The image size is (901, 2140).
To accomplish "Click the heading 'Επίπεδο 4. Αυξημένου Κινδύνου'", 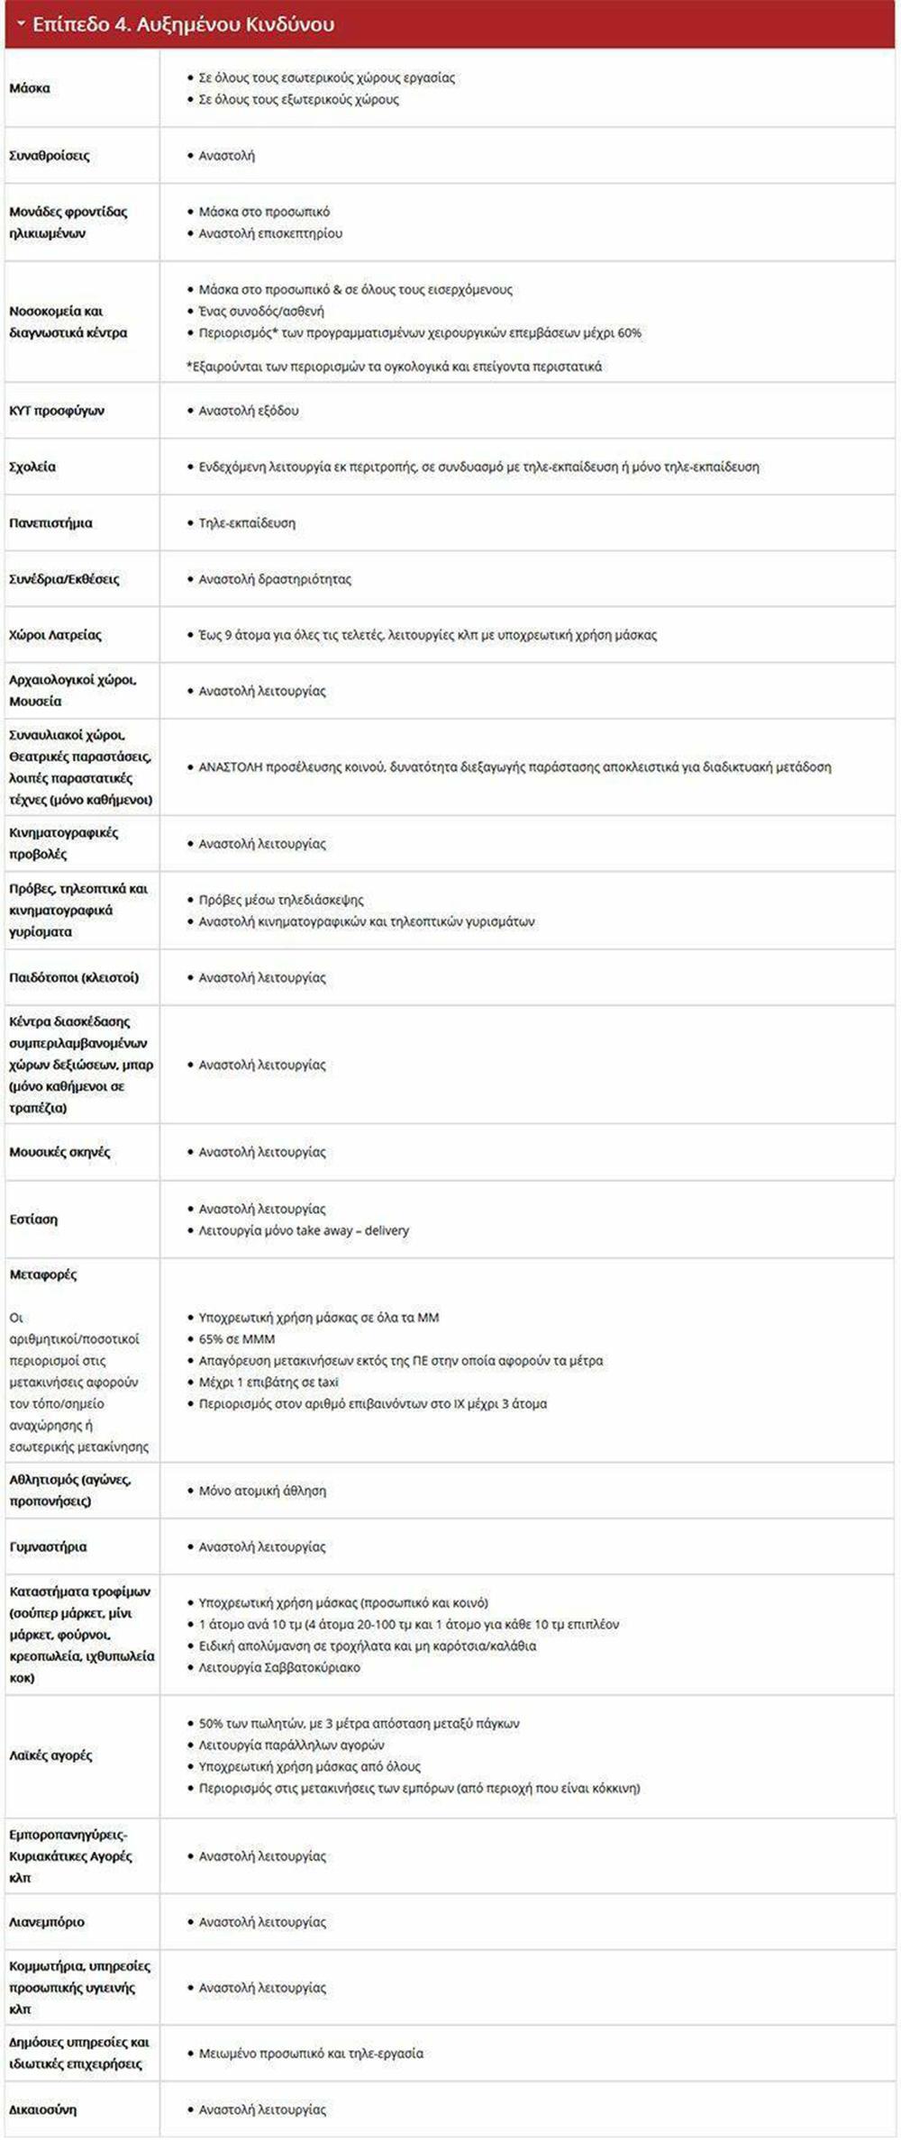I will click(183, 24).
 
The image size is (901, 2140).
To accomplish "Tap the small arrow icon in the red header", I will click(21, 24).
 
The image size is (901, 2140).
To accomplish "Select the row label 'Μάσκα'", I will click(30, 88).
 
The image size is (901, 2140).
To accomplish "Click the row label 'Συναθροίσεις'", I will click(50, 156).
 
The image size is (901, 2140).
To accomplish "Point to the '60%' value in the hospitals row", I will click(630, 332).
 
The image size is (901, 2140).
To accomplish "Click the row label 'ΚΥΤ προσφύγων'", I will click(57, 411).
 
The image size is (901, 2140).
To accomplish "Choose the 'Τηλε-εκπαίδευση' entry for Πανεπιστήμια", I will click(247, 523).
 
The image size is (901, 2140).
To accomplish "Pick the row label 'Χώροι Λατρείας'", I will click(55, 635).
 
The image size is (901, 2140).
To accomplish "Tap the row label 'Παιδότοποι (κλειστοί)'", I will click(74, 977).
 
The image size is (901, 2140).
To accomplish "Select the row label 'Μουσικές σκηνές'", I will click(59, 1152).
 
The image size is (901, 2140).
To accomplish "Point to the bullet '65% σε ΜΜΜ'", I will click(237, 1339).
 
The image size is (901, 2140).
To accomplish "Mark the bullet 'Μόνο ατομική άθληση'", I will click(262, 1491).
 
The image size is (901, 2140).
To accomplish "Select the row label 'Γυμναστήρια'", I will click(48, 1546).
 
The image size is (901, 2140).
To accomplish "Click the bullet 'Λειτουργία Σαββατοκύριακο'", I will click(279, 1667).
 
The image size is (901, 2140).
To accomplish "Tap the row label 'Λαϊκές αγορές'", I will click(50, 1755).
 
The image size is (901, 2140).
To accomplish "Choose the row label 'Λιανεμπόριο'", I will click(47, 1922).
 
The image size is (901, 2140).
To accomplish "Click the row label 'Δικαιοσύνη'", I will click(43, 2109).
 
